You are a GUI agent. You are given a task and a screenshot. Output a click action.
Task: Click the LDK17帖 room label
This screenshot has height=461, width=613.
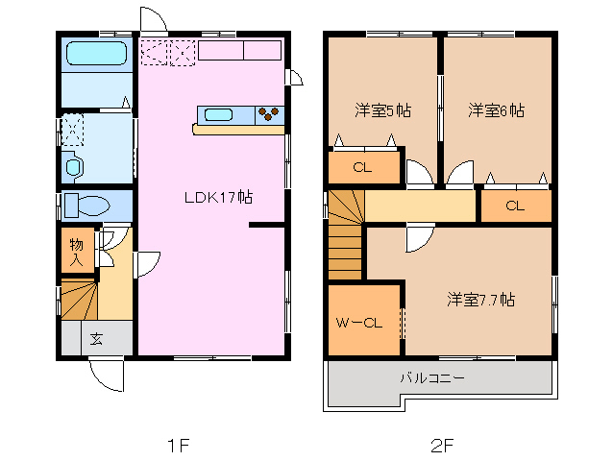click(x=219, y=198)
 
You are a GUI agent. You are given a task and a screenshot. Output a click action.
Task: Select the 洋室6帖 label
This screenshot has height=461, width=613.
click(x=496, y=110)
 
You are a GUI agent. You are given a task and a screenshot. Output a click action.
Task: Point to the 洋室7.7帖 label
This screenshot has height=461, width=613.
click(x=480, y=300)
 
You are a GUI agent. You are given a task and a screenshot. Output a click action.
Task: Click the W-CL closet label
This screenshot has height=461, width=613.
click(x=359, y=323)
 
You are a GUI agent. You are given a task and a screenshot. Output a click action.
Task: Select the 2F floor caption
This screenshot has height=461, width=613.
click(x=441, y=446)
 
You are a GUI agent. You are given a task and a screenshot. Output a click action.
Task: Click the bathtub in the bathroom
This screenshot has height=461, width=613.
click(x=96, y=56)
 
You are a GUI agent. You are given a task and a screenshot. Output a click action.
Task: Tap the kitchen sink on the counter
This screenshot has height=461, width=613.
click(x=219, y=115)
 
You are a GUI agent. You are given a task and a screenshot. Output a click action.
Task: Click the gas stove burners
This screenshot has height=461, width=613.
click(x=270, y=115)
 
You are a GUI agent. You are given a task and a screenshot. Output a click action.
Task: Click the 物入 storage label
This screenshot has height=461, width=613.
click(x=76, y=251)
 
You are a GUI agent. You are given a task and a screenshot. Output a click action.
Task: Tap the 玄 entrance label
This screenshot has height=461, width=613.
click(x=97, y=338)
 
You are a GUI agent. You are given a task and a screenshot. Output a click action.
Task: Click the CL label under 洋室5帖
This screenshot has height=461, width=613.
click(x=361, y=167)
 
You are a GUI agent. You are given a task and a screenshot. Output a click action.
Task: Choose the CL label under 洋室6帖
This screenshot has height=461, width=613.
click(x=515, y=206)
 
